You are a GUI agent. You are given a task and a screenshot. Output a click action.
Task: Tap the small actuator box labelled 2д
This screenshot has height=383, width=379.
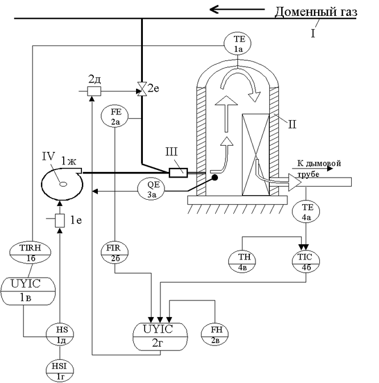click(93, 91)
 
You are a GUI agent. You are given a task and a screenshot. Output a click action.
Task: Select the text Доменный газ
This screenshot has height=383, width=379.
click(315, 12)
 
